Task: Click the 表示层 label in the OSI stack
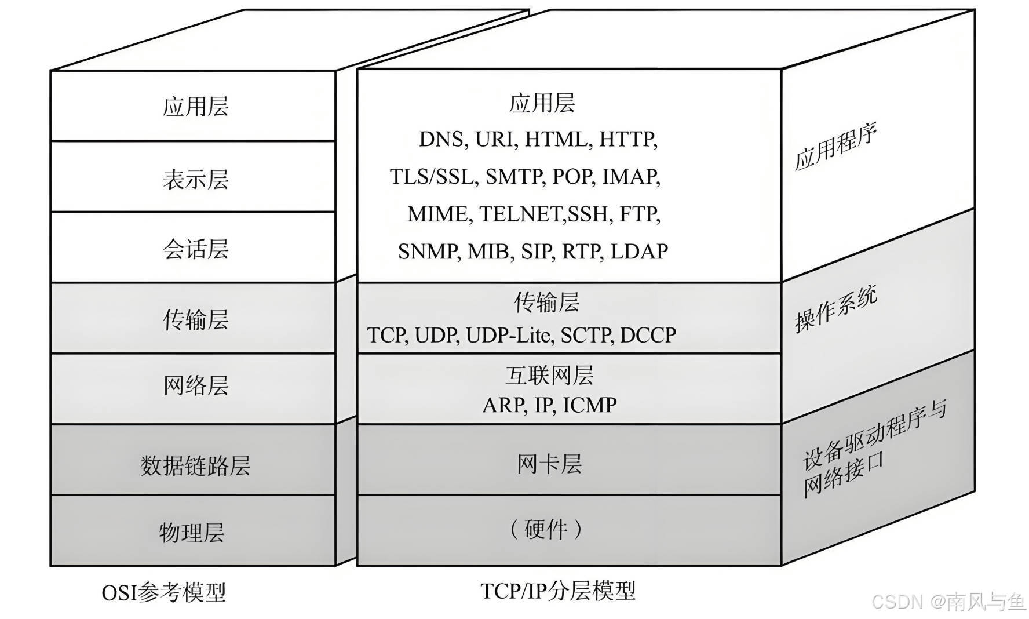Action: (x=195, y=179)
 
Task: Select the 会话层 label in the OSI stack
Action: (x=195, y=249)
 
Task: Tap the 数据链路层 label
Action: (x=195, y=465)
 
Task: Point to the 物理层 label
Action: (x=192, y=533)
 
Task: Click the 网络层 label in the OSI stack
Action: (x=195, y=385)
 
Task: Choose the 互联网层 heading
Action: (x=549, y=376)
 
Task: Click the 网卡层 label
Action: (x=549, y=464)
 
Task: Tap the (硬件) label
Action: (x=546, y=529)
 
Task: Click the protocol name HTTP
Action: (x=627, y=140)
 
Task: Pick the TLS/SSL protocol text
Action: (x=432, y=177)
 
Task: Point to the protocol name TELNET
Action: (x=520, y=214)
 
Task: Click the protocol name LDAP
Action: (x=639, y=252)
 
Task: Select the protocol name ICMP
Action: (x=590, y=405)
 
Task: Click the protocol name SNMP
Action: (x=428, y=252)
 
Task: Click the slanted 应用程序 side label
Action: (x=835, y=147)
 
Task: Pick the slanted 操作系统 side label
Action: (x=835, y=309)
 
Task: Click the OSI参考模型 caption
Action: (x=163, y=592)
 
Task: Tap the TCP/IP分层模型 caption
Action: (x=558, y=591)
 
